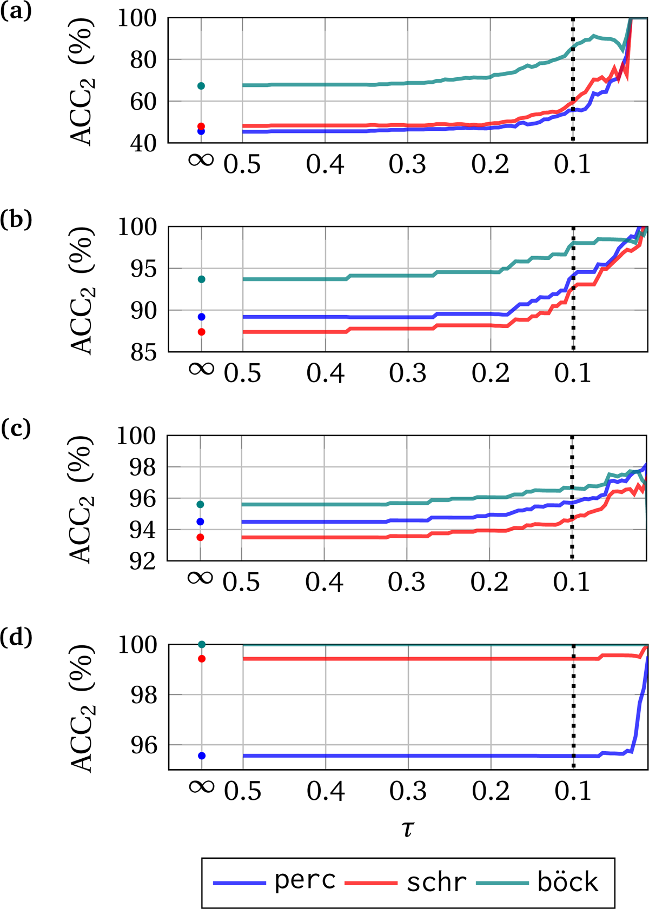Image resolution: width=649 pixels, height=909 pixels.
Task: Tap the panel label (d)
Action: [x=16, y=638]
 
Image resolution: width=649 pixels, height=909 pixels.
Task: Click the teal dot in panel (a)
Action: [x=201, y=86]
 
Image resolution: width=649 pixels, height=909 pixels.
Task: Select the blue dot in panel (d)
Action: [x=202, y=756]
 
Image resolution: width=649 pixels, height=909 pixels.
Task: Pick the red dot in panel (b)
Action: [x=202, y=332]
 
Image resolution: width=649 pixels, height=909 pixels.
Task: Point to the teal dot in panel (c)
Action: [x=201, y=504]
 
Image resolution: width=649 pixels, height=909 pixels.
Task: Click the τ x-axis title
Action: [x=408, y=828]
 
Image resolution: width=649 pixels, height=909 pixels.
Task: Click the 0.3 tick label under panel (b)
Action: [x=408, y=373]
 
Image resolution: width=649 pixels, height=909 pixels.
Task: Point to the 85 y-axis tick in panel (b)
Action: [x=137, y=353]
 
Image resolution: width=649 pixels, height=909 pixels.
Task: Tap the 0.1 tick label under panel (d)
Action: [x=573, y=791]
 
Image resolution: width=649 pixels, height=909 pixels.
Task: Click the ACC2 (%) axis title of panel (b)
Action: [x=83, y=290]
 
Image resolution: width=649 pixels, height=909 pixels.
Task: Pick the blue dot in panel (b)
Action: [x=202, y=317]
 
